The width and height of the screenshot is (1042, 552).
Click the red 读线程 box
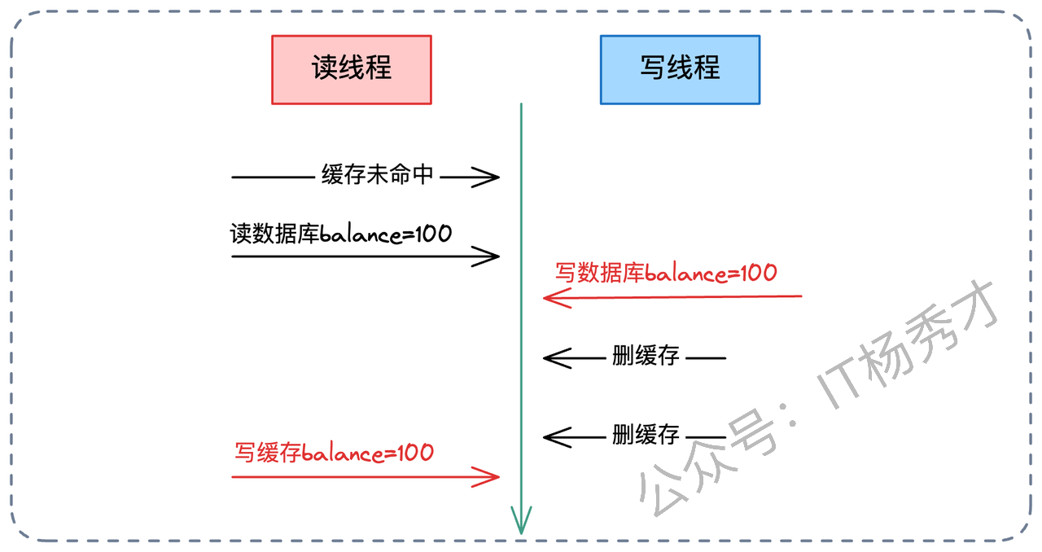tap(351, 69)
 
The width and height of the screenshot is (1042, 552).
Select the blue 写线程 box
tap(680, 69)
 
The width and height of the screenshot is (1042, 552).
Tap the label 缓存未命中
tap(377, 175)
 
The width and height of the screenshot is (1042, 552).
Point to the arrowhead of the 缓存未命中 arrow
tap(494, 176)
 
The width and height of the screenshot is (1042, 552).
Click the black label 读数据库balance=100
tap(340, 234)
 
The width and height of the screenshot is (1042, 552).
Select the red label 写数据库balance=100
tap(665, 273)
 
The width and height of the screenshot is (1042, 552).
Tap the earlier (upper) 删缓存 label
tap(646, 357)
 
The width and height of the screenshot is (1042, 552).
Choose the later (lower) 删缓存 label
tap(646, 436)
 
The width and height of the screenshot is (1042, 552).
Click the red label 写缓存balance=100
tap(334, 453)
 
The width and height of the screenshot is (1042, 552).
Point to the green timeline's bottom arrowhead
tap(521, 525)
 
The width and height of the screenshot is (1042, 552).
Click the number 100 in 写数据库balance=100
tap(757, 273)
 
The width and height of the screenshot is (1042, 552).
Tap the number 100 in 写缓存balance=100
tap(414, 453)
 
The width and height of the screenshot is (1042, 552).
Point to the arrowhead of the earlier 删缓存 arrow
tap(548, 357)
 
